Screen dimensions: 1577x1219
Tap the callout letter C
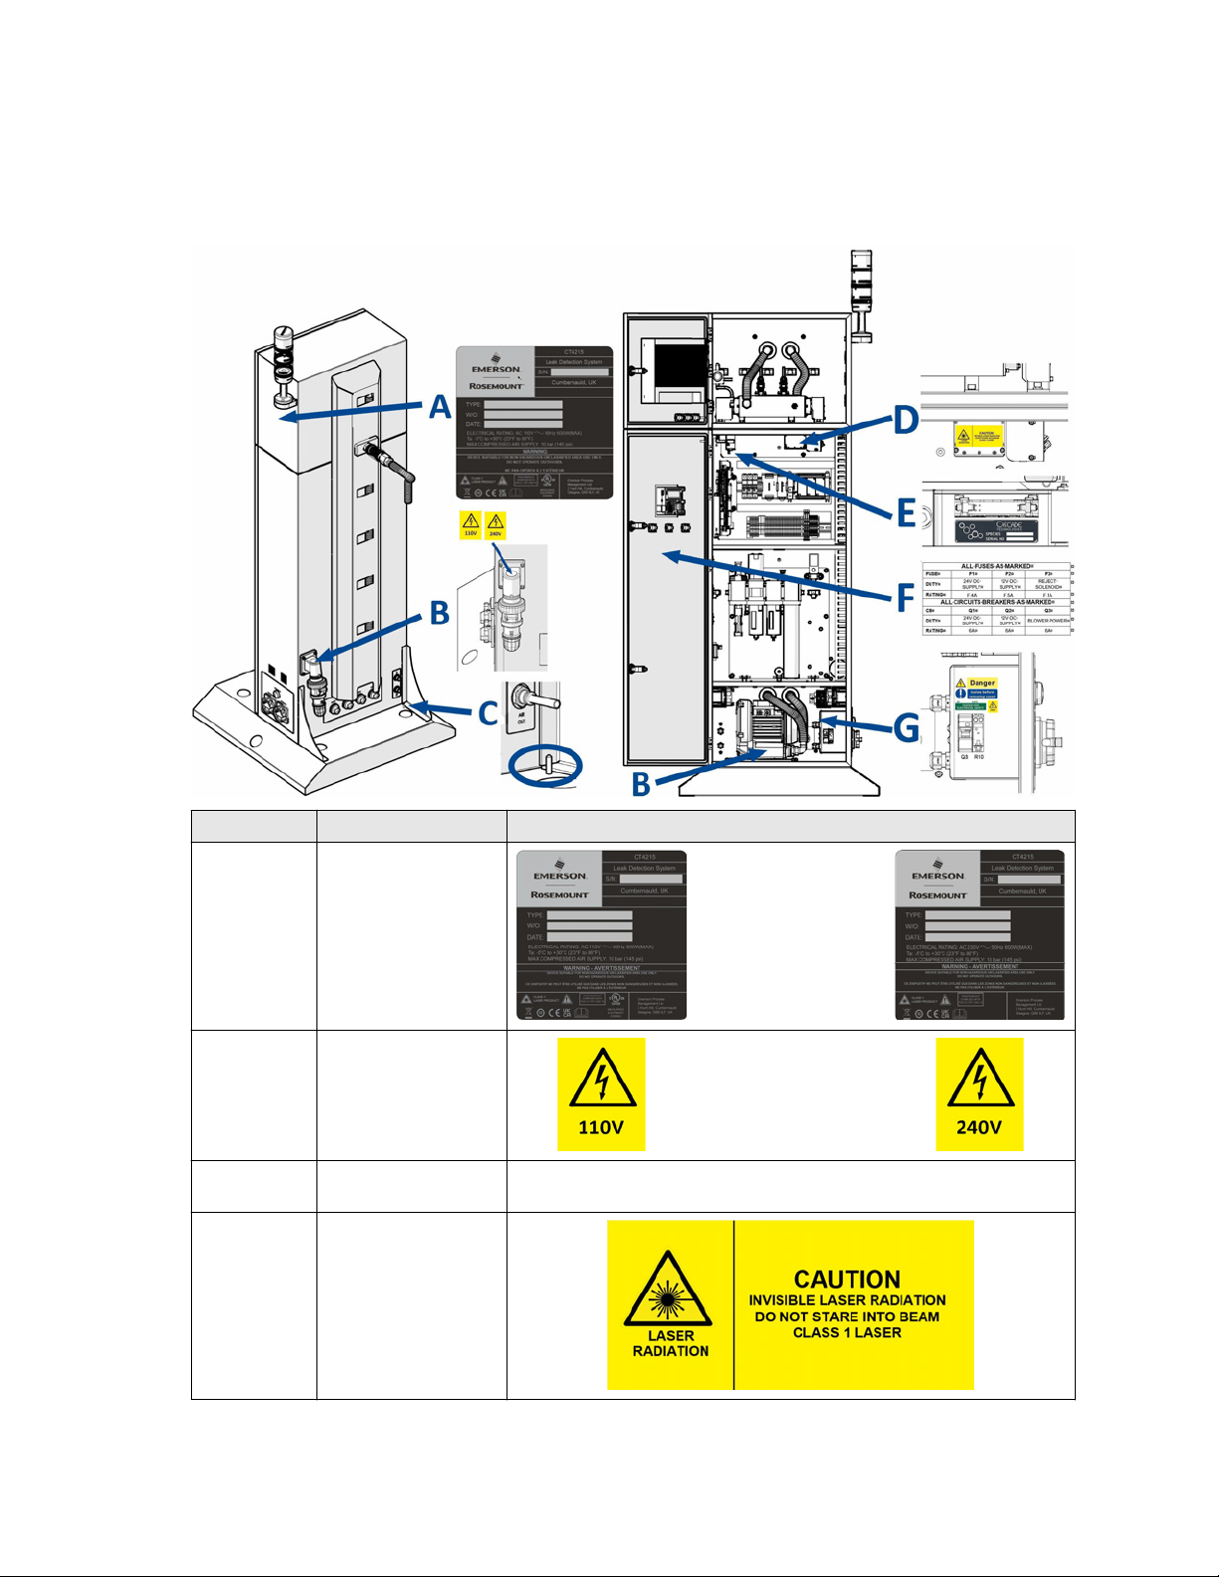487,712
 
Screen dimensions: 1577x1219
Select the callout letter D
905,419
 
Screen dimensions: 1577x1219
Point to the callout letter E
906,512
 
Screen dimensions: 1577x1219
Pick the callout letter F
905,598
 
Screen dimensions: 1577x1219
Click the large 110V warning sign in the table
601,1093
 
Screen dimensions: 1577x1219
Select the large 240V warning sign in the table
979,1093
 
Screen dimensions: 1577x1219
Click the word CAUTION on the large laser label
847,1279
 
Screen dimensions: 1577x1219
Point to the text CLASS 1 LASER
847,1332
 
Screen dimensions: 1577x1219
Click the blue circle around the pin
545,765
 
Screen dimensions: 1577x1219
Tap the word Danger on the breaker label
981,683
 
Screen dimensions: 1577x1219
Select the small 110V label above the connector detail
470,524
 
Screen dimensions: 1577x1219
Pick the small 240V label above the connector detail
495,524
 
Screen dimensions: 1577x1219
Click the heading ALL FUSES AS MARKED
996,566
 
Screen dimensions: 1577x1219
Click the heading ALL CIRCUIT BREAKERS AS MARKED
996,602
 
